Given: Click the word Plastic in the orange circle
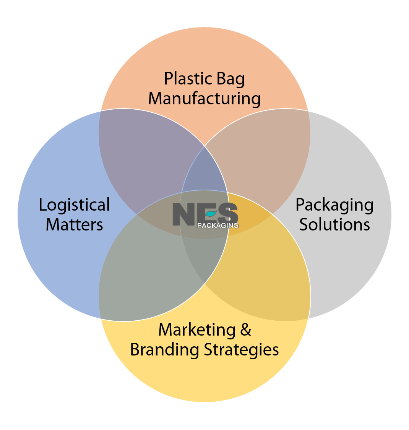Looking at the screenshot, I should [186, 79].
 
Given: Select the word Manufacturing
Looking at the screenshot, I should [204, 98].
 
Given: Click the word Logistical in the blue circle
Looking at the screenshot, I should [74, 205].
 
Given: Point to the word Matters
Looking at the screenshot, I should [74, 224].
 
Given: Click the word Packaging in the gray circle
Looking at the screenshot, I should [334, 205].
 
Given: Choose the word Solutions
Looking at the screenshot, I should [334, 224].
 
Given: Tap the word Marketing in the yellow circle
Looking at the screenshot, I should [196, 330].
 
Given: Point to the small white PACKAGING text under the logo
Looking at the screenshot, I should [217, 226].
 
